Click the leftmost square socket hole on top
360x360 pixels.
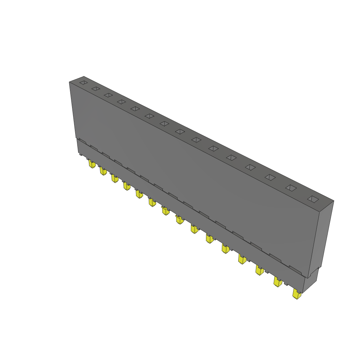pos(83,83)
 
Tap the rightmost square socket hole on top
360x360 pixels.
pos(313,199)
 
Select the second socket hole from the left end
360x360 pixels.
pos(96,89)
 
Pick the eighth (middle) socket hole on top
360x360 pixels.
pos(180,131)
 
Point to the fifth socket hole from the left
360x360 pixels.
pos(135,109)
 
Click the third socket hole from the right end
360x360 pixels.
pos(270,177)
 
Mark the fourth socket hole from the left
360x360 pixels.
pos(121,102)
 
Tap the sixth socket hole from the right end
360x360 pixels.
pos(213,149)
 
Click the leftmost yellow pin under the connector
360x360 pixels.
pos(92,164)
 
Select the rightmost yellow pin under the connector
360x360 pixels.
pos(297,294)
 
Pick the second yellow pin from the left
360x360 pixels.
pos(103,171)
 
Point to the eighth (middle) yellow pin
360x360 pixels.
pos(179,220)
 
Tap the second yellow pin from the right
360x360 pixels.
pos(278,282)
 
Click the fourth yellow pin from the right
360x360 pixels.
pos(242,259)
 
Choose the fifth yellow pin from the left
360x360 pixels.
pos(139,194)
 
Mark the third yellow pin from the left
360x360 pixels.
pos(115,179)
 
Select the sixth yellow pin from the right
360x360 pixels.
pos(210,239)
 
